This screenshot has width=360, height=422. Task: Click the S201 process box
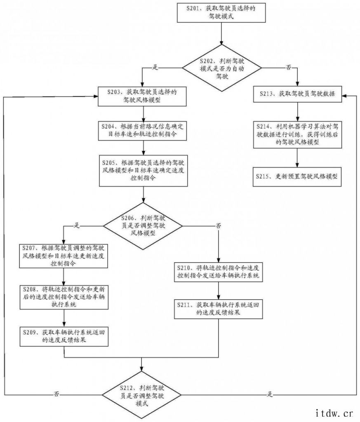222,12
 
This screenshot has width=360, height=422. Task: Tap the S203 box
142,95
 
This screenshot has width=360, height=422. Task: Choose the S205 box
142,170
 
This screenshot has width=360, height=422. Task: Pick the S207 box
64,256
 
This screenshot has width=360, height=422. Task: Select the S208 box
64,296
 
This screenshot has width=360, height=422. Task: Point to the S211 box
217,309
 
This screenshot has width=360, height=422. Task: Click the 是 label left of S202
155,67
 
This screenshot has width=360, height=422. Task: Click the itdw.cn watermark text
334,412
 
